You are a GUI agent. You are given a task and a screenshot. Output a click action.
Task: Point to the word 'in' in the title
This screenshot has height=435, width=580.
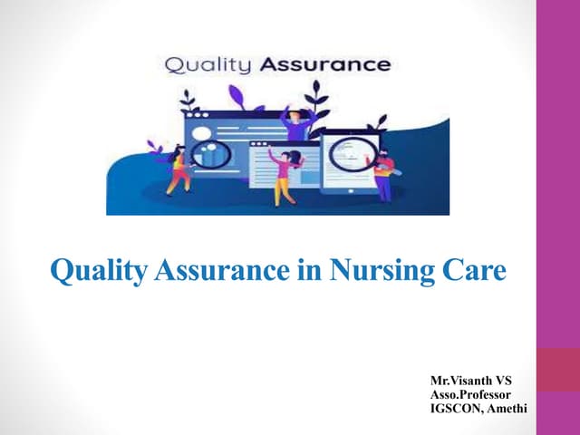coord(308,271)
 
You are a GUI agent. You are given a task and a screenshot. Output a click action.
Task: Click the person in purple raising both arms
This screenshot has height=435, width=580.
coord(295,122)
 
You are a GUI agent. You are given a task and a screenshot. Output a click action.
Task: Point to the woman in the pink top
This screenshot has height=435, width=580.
coord(284,174)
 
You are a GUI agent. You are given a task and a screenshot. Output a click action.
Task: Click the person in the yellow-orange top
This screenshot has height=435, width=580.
coord(178,170)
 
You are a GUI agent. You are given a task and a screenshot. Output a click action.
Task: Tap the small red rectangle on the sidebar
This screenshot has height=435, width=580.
coord(558,370)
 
